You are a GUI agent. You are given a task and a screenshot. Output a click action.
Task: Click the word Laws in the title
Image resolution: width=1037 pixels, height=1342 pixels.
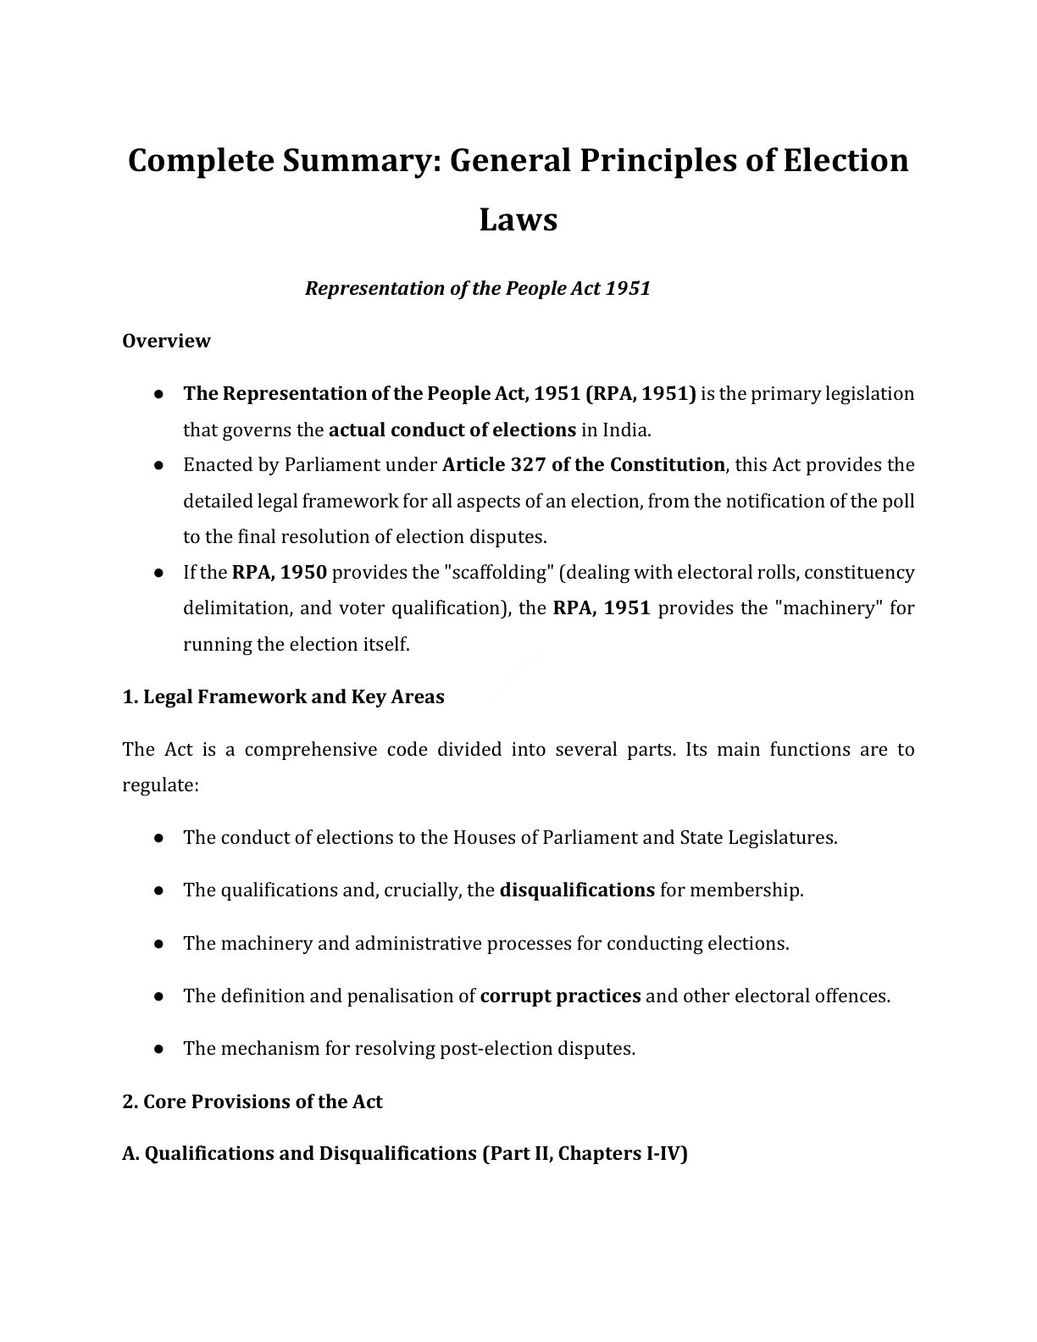tap(518, 219)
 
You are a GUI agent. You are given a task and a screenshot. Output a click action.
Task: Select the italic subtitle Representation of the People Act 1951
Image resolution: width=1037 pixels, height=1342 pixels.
tap(477, 288)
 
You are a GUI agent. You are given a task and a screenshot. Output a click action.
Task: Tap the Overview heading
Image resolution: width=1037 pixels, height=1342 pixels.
tap(166, 341)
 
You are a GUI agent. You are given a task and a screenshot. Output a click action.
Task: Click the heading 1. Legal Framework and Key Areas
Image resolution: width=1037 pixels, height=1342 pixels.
tap(283, 696)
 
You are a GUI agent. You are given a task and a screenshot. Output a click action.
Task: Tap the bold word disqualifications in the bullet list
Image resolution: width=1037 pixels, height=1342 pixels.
tap(577, 890)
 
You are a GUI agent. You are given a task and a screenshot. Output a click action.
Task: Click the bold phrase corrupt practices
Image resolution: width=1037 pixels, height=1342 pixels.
tap(560, 995)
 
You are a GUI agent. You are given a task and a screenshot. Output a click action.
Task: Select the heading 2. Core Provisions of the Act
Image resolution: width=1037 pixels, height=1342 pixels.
tap(252, 1101)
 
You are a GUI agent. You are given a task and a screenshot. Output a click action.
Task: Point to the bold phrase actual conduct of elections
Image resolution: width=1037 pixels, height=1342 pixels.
tap(452, 430)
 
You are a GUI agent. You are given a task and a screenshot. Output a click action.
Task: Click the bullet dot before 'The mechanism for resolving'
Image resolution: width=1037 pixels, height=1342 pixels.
tap(158, 1049)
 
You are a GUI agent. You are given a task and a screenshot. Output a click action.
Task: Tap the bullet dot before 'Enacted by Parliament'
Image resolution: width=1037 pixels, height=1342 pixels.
tap(158, 465)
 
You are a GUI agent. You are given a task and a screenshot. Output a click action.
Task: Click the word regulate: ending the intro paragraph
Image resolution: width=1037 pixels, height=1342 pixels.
tap(160, 785)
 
